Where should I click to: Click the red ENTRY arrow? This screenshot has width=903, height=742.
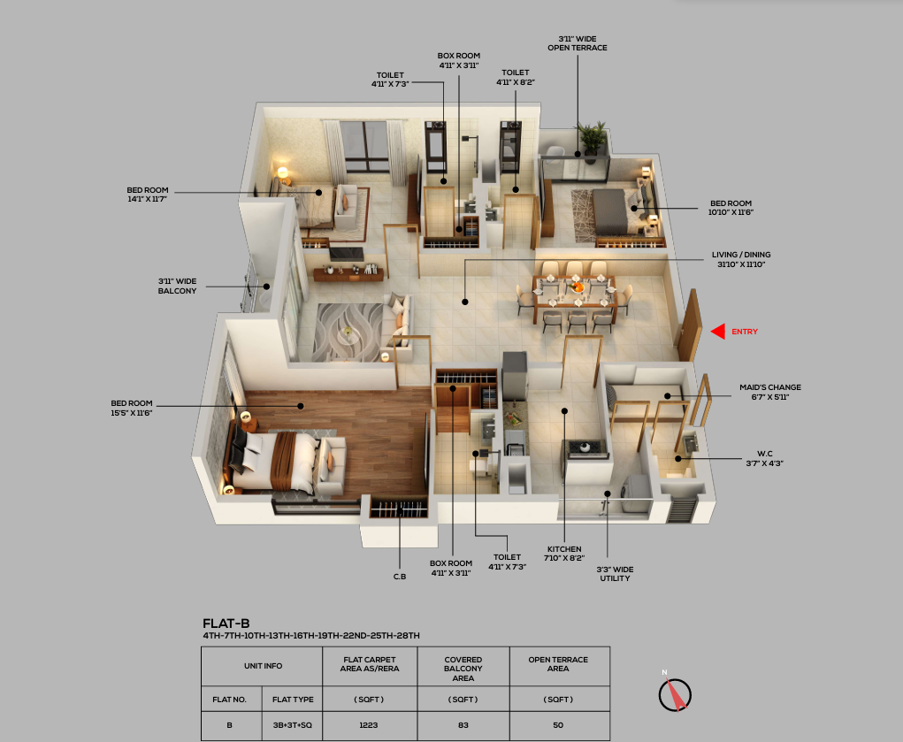tap(717, 332)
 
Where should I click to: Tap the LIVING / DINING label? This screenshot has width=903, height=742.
tap(740, 259)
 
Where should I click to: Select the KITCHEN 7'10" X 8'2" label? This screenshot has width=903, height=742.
tap(564, 554)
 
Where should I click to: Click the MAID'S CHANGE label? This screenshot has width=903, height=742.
tap(770, 392)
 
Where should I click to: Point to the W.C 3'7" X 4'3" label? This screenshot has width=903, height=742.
tap(765, 458)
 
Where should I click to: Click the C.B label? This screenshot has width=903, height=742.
tap(400, 577)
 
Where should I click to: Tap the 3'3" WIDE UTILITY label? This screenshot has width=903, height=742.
tap(615, 574)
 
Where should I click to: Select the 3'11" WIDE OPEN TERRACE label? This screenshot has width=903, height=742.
tap(577, 43)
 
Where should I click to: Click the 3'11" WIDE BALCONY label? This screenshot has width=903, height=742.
tap(178, 286)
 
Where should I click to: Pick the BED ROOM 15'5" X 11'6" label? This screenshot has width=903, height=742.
tap(131, 408)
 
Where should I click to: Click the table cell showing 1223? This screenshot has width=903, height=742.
tap(369, 725)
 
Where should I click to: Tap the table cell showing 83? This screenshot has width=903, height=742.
tap(463, 725)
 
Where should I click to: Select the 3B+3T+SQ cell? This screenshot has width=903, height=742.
tap(292, 725)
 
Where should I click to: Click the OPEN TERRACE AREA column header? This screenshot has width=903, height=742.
tap(558, 664)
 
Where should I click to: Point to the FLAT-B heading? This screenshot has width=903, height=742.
tap(226, 623)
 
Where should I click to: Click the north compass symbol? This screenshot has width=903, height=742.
tap(674, 693)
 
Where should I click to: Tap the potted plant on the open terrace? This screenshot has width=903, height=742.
tap(592, 140)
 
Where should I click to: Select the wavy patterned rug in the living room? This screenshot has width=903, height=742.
tap(348, 332)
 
